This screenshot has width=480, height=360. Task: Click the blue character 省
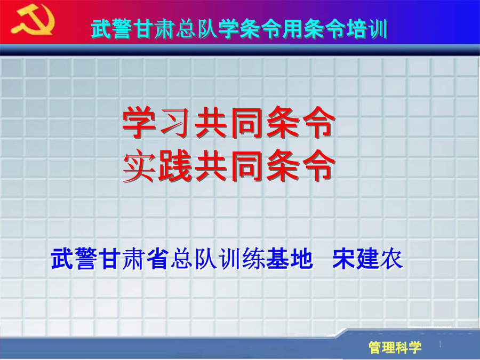(158, 259)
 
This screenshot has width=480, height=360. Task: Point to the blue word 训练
(242, 259)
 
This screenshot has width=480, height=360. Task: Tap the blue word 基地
(289, 259)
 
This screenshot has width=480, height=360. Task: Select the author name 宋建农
(367, 259)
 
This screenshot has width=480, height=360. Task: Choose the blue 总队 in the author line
(194, 259)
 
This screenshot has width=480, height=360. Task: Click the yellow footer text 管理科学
(395, 347)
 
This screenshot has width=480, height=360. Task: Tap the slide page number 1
(440, 345)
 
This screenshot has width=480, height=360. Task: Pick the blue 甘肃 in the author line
(123, 259)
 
